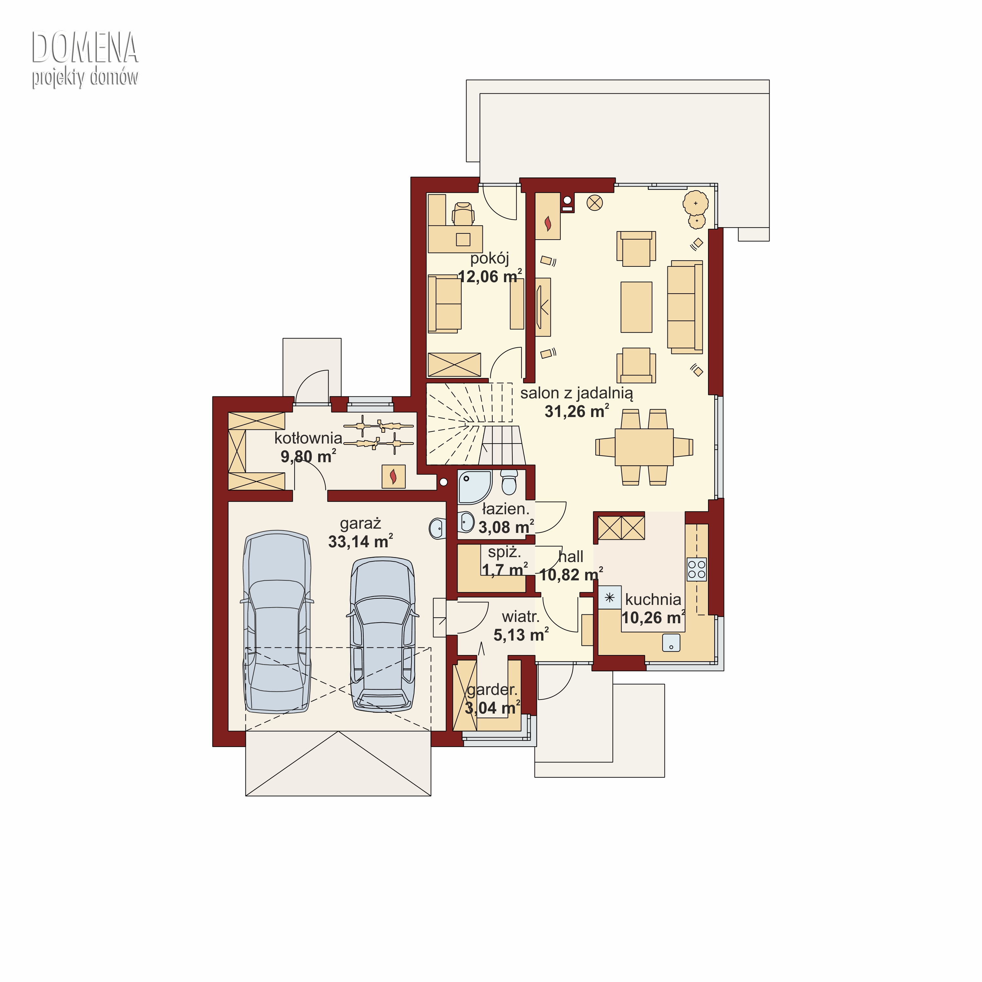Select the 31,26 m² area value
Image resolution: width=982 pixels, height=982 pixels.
577,411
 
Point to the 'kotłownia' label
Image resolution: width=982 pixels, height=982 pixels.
308,438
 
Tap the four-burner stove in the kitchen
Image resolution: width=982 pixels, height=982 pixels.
696,569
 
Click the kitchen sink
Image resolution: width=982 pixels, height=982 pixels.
671,643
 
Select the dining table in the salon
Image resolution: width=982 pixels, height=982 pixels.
644,447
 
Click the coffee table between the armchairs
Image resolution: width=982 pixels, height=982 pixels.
636,307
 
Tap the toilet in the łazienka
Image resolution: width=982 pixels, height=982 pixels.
509,482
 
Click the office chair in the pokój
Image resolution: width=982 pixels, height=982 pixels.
463,213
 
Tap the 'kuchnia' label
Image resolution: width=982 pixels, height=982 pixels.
653,599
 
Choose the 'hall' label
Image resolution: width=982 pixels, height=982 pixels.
571,556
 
